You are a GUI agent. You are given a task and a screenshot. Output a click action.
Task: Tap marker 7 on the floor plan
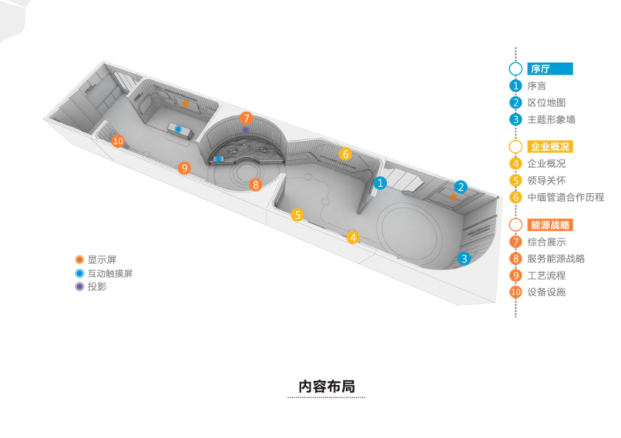(x=246, y=118)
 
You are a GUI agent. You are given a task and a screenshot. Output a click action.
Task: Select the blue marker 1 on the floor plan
(x=380, y=182)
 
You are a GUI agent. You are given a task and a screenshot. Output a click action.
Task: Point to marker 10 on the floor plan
(x=117, y=141)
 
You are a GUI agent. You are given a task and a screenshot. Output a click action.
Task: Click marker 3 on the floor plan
(x=464, y=259)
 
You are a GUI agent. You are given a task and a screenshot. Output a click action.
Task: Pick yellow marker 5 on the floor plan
(x=297, y=215)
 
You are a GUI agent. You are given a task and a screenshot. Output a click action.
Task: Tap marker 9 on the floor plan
(x=183, y=167)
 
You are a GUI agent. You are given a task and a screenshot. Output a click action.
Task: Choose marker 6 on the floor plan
(x=346, y=154)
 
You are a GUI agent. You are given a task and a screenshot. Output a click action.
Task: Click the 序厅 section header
(x=550, y=69)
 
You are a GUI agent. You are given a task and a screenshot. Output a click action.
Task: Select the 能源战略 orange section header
(x=550, y=225)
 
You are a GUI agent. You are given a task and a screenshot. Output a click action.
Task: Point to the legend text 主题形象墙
(x=551, y=119)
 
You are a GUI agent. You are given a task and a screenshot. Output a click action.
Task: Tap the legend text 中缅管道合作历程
(x=566, y=197)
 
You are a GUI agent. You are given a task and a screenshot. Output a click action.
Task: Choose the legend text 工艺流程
(x=547, y=275)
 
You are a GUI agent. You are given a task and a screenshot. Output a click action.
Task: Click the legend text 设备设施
(x=547, y=292)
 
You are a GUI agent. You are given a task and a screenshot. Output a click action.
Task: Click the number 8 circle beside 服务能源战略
(x=515, y=258)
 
